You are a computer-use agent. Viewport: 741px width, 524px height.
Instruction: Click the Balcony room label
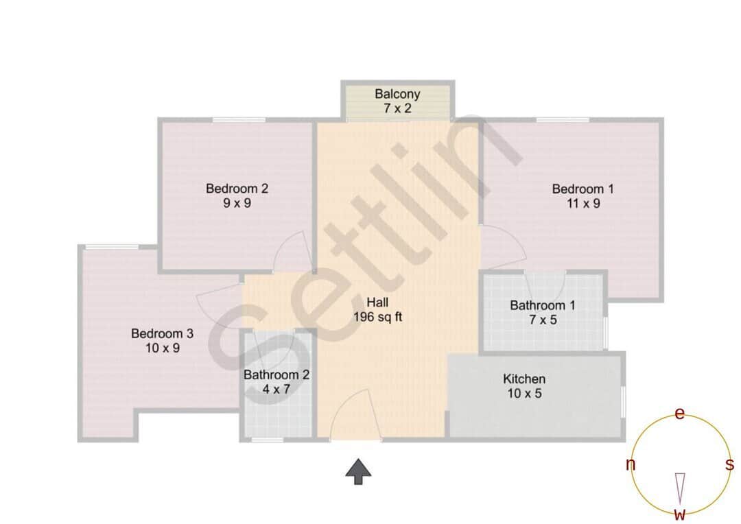(x=397, y=94)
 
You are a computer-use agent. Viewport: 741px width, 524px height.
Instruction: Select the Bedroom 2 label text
(x=237, y=189)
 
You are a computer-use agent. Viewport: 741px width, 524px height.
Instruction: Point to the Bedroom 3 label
(x=162, y=334)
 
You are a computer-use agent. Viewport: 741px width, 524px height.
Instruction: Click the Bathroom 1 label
(x=543, y=305)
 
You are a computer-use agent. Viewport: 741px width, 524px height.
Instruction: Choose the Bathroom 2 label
(x=277, y=375)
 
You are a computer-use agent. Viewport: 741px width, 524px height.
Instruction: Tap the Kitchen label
(x=524, y=379)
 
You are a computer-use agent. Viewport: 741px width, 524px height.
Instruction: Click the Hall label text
(x=377, y=302)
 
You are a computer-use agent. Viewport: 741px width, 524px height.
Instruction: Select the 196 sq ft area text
(x=377, y=317)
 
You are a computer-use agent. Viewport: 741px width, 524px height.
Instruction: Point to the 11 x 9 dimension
(x=583, y=204)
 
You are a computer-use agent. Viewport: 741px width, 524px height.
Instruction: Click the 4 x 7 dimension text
(x=277, y=390)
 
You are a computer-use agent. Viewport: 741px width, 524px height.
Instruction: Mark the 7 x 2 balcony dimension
(x=397, y=108)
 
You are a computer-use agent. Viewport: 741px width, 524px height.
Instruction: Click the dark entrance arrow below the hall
(x=358, y=472)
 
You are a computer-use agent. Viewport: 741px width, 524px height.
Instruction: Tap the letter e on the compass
(x=679, y=414)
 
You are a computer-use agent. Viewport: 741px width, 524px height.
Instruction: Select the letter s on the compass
(x=729, y=465)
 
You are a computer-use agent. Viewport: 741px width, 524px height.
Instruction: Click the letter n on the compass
(x=630, y=465)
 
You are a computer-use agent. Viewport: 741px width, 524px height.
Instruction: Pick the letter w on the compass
(x=679, y=514)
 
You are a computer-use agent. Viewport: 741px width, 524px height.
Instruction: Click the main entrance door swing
(x=353, y=416)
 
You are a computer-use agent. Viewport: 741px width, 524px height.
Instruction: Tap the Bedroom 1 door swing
(x=504, y=247)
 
